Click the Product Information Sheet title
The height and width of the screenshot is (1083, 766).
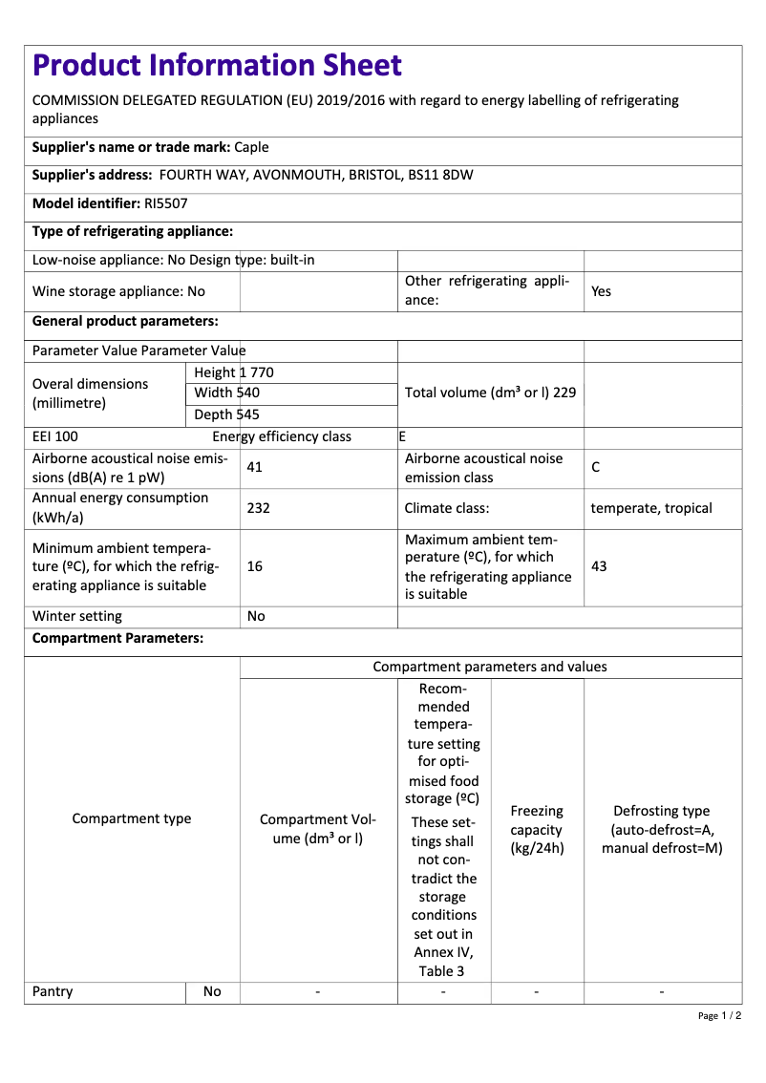point(217,66)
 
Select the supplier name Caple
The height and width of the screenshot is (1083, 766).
point(251,147)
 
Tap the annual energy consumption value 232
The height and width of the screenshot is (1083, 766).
point(258,508)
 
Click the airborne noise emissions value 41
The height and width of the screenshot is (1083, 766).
point(254,468)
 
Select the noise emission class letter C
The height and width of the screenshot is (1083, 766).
point(596,468)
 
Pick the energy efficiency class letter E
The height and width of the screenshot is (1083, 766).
point(402,436)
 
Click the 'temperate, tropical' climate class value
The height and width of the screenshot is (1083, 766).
point(651,508)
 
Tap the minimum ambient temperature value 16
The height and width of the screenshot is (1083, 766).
point(255,566)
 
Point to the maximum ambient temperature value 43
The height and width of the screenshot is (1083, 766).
point(599,566)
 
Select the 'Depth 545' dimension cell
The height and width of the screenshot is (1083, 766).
point(227,414)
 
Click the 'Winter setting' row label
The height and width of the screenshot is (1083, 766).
point(77,616)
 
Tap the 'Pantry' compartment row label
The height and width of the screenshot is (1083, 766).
point(53,991)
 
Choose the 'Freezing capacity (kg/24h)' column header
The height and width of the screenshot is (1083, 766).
point(537,829)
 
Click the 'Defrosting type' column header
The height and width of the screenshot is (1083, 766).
point(662,829)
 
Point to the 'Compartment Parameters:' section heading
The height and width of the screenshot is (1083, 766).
point(117,638)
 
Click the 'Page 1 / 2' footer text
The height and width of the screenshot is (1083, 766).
point(719,1015)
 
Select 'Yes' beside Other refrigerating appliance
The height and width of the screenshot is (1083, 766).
point(601,291)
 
